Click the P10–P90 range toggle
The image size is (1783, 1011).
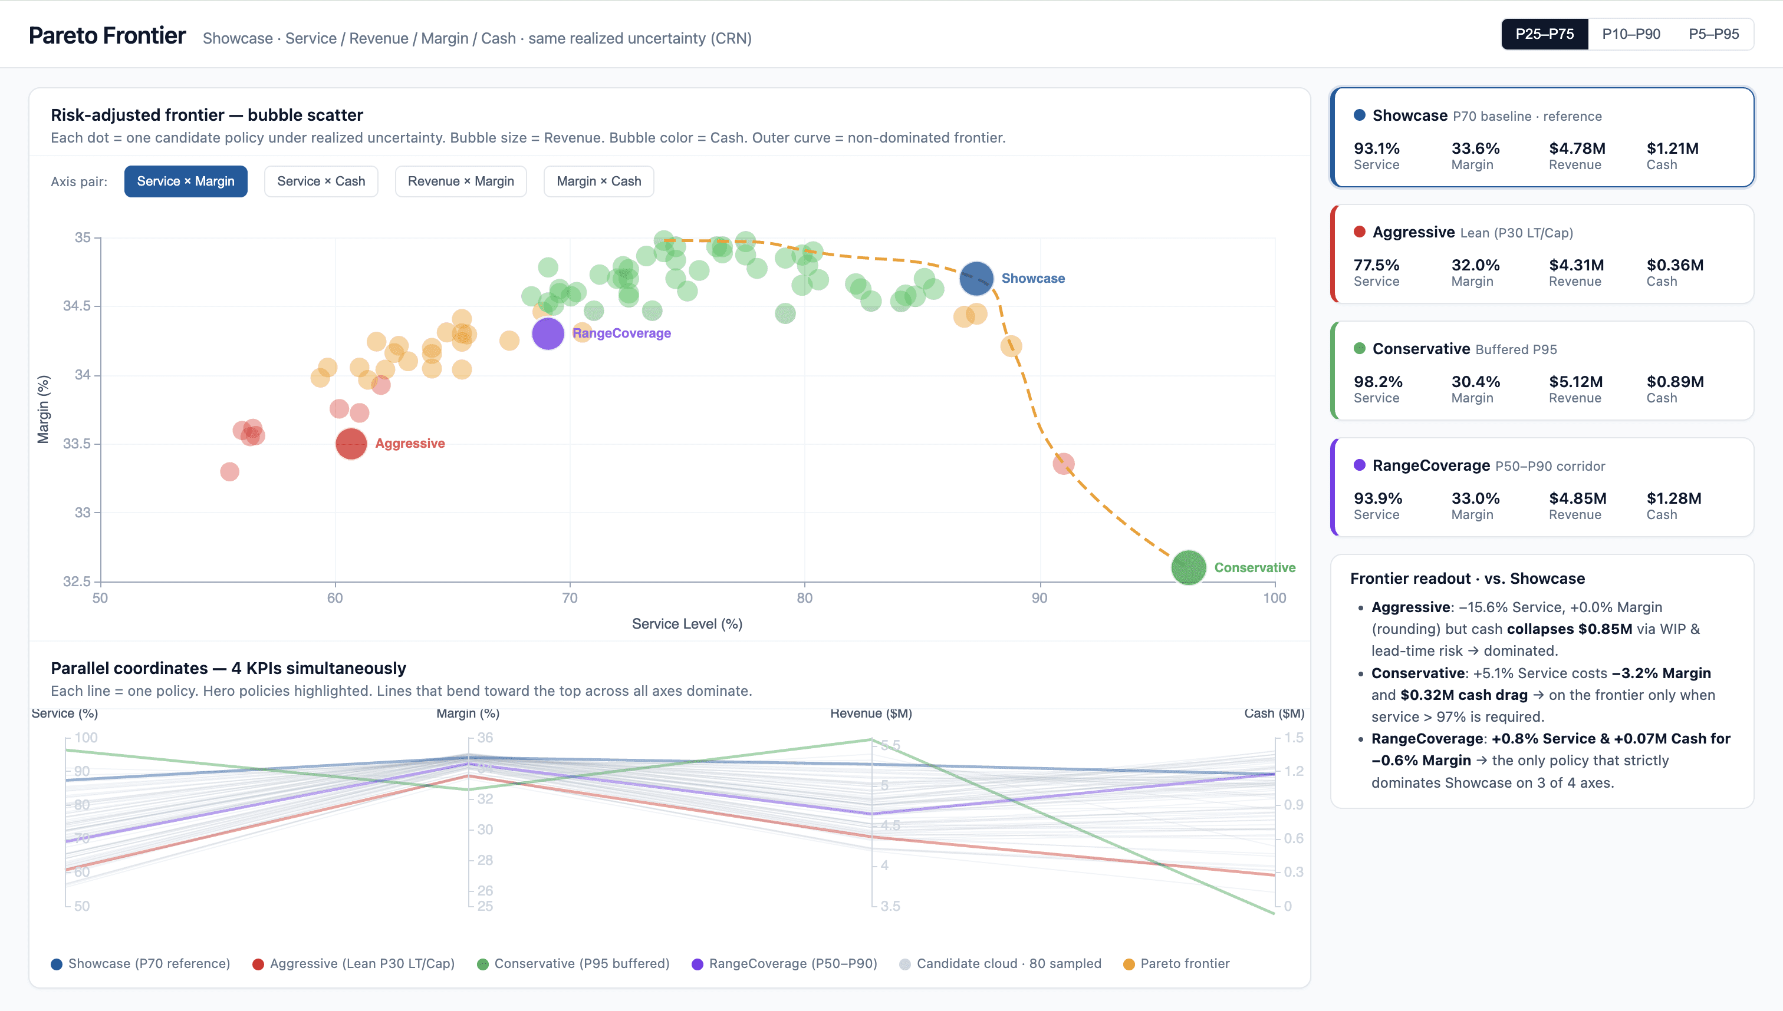coord(1631,34)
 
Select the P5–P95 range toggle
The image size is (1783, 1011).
coord(1713,34)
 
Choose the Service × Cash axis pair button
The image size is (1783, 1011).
coord(320,181)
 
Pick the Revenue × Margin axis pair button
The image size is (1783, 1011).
coord(460,181)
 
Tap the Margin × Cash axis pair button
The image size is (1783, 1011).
coord(598,181)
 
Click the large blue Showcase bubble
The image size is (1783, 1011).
coord(976,279)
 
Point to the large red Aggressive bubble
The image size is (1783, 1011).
coord(351,444)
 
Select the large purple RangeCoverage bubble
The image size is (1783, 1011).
coord(548,333)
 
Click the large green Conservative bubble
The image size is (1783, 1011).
coord(1188,567)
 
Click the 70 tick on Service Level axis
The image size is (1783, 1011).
coord(570,598)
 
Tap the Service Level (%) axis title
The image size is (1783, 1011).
coord(686,623)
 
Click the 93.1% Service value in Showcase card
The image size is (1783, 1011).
coord(1377,148)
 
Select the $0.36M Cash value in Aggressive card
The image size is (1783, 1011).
coord(1675,265)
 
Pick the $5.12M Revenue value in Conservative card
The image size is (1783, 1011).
coord(1575,382)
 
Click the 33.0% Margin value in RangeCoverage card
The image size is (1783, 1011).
coord(1475,498)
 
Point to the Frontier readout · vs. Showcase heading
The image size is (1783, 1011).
coord(1467,579)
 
